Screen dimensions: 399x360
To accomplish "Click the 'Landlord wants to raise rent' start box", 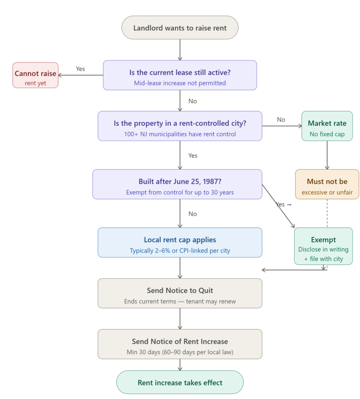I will click(180, 28).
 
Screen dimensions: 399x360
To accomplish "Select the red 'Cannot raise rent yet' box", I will click(35, 75).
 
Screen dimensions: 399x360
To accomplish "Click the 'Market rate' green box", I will click(327, 126).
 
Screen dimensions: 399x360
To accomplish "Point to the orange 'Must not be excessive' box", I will click(327, 184).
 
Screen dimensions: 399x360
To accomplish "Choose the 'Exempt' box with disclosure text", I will click(323, 246).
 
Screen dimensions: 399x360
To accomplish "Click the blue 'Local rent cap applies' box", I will click(180, 242).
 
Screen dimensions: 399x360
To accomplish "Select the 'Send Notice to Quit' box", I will click(180, 293).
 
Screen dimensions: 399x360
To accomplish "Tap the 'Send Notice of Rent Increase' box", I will click(180, 344).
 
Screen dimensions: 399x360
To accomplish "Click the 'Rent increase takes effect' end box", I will click(180, 382).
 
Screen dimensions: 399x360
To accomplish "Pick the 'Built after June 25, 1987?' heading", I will click(180, 181).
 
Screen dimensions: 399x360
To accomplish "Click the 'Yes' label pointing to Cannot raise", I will click(80, 69).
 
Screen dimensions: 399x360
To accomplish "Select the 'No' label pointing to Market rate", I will click(281, 120).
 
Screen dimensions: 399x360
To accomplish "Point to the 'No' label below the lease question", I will click(192, 101).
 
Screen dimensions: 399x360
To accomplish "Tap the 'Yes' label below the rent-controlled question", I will click(192, 156).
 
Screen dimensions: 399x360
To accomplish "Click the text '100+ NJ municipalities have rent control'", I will click(180, 134).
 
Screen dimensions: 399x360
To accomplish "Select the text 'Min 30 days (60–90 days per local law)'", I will click(180, 352).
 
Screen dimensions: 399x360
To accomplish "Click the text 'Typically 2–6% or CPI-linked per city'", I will click(180, 251).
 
